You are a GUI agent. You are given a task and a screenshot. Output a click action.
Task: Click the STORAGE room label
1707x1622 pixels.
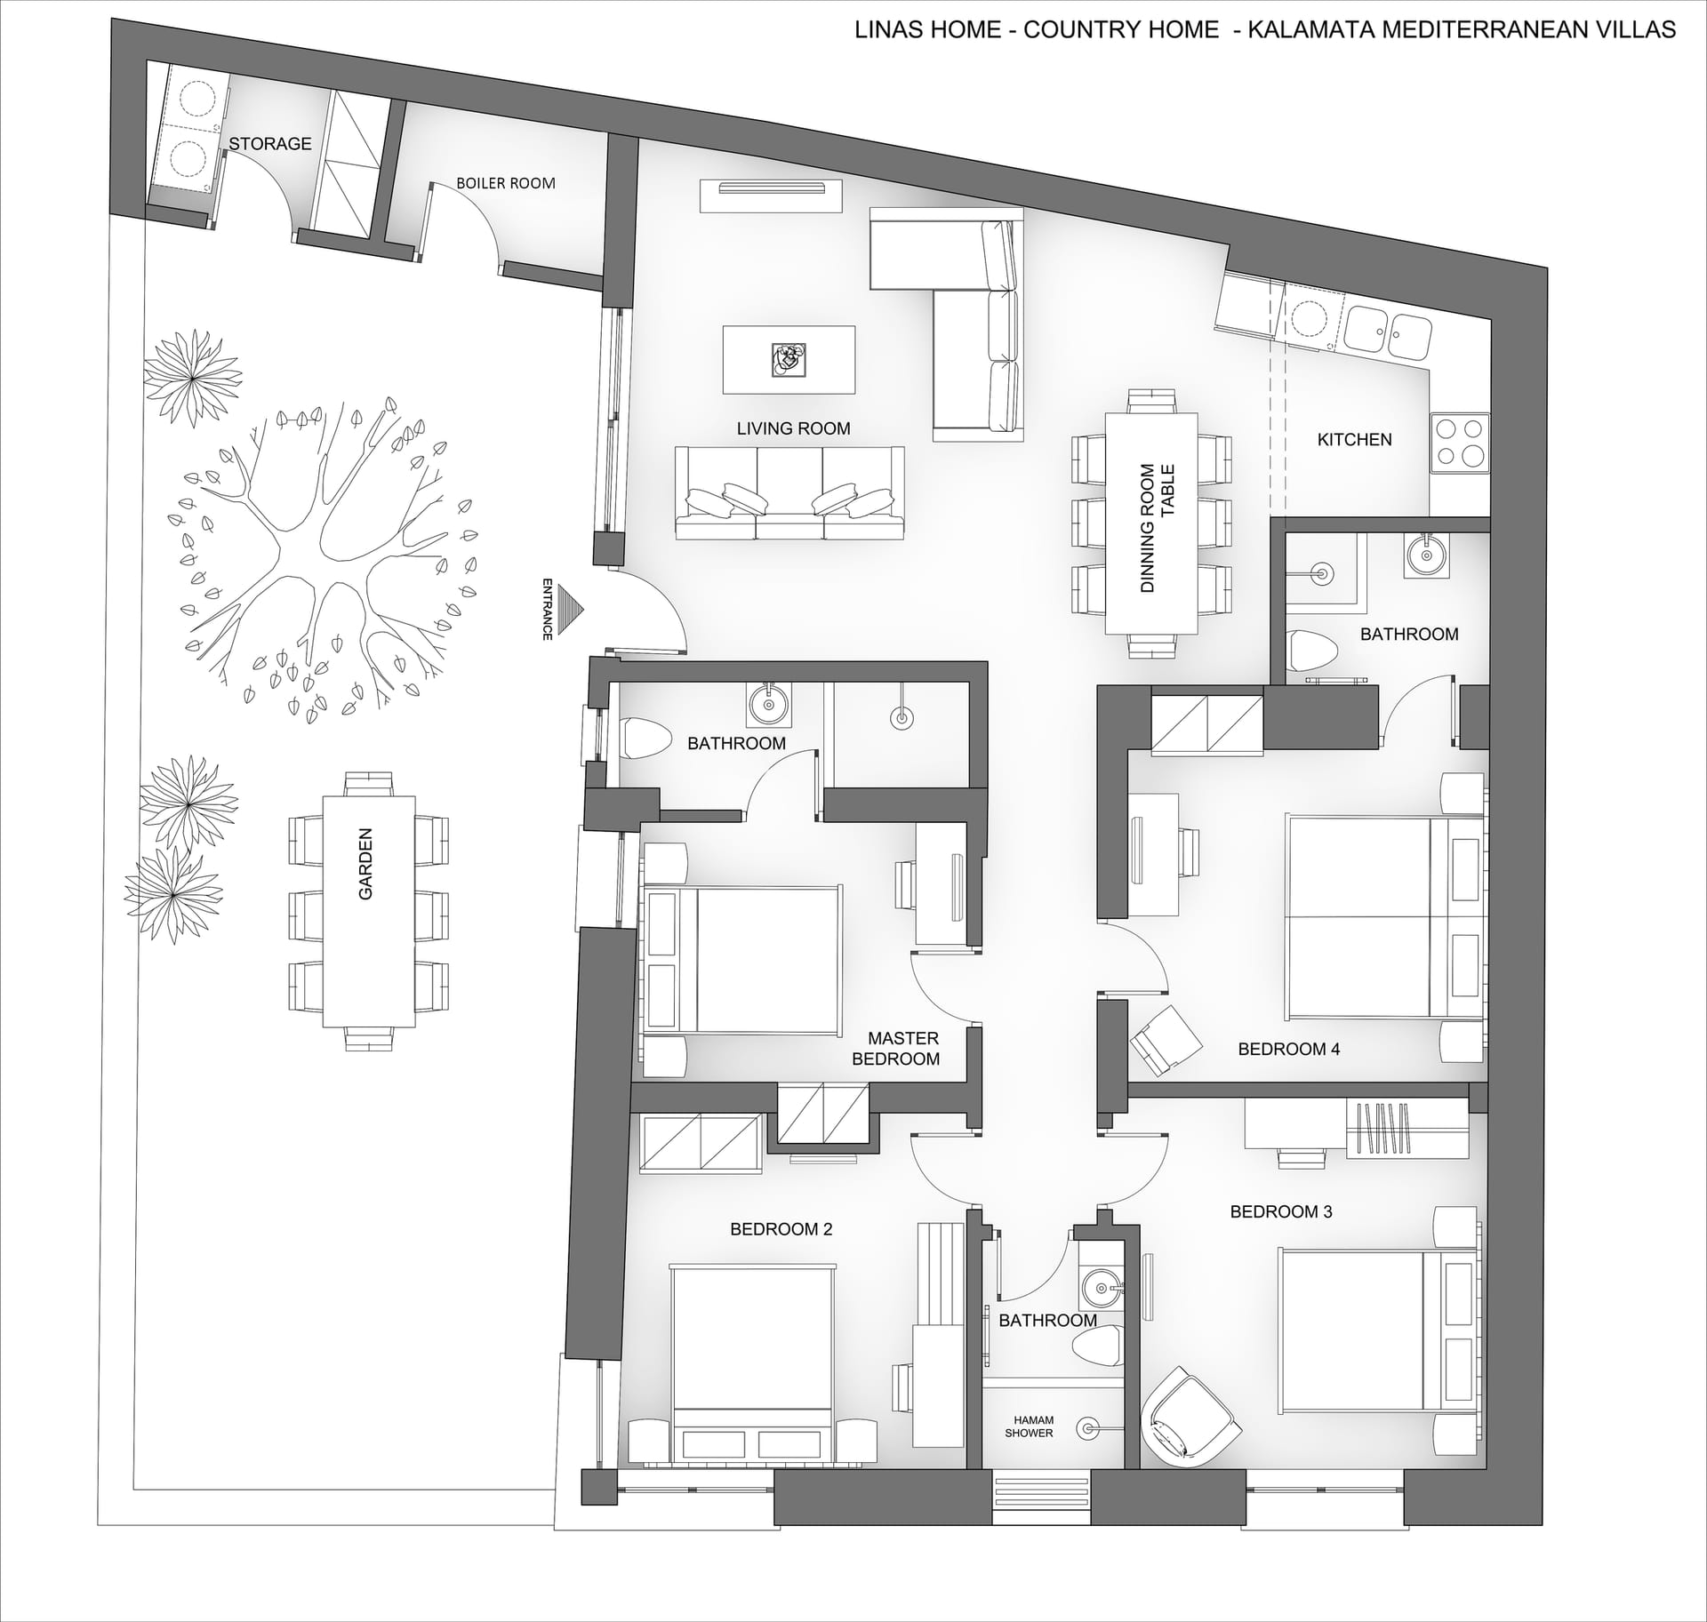click(270, 143)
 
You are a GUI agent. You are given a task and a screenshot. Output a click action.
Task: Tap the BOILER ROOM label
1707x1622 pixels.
click(506, 183)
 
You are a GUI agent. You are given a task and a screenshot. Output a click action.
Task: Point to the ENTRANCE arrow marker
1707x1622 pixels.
click(578, 609)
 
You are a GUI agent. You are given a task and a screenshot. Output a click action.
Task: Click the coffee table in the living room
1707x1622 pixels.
click(789, 360)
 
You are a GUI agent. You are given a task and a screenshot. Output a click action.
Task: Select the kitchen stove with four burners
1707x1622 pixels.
click(1460, 443)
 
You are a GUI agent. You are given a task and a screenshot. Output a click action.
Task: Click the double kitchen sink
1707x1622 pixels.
click(1388, 331)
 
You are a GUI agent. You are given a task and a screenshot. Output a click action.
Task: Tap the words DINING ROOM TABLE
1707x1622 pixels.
click(1158, 528)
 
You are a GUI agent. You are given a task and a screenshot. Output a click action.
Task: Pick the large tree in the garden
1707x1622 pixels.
click(325, 556)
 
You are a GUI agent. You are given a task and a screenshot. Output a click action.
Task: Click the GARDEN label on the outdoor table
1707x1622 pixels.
click(365, 864)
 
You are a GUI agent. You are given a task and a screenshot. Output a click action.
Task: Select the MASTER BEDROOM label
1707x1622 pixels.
click(896, 1049)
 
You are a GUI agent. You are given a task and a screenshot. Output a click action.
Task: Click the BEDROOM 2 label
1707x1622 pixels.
click(781, 1229)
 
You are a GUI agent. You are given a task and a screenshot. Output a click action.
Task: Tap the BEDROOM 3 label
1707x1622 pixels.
click(1281, 1211)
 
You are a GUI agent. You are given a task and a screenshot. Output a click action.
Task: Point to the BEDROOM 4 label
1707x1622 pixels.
click(1289, 1049)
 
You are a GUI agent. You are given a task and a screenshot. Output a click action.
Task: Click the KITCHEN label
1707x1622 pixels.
click(1354, 439)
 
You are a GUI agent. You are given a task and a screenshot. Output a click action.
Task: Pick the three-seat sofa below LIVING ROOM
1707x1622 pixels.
click(789, 493)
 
